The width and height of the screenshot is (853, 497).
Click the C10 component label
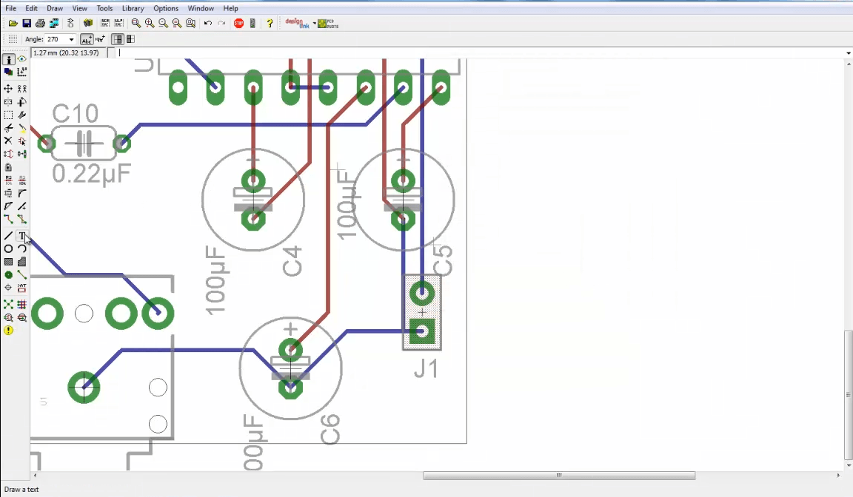coord(76,114)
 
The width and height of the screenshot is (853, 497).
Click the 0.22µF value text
coord(91,174)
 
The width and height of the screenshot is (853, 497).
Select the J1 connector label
coord(426,368)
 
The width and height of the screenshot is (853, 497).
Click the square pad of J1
coord(422,332)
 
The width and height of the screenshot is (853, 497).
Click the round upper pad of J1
coord(422,294)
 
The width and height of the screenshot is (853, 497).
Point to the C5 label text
coord(442,257)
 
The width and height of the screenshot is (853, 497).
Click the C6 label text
coord(330,430)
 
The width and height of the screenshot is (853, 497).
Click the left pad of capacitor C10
coord(47,143)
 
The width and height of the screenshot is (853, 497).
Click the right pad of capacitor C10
coord(121,143)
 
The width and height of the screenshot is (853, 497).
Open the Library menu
coord(133,8)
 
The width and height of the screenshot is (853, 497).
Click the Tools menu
coord(104,8)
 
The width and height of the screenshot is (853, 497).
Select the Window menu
coord(201,8)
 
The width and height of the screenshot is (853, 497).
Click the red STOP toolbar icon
coord(238,24)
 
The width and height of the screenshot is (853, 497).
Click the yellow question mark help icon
coord(270,24)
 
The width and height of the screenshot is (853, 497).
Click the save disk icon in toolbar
coord(27,24)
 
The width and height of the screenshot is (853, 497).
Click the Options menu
coord(166,8)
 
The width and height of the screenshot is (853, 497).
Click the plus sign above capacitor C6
coord(290,329)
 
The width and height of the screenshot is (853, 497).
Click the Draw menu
coord(55,8)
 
